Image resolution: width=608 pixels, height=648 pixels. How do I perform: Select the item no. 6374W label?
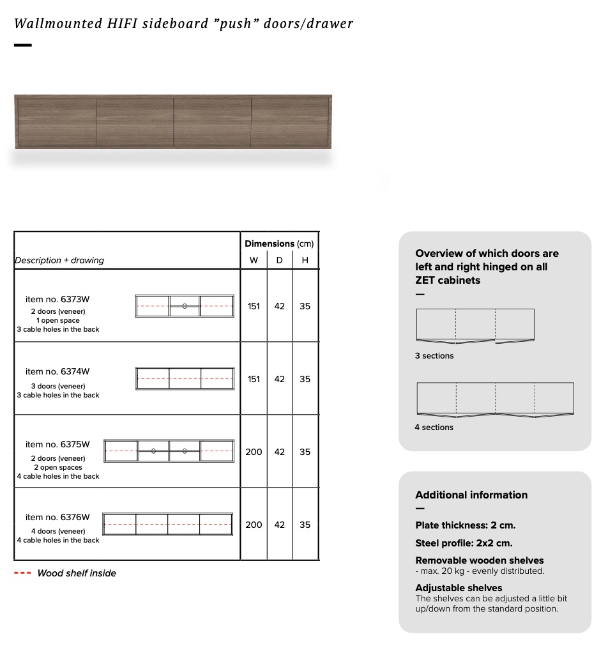[x=57, y=371]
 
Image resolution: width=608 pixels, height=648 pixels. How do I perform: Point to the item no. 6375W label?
[x=57, y=444]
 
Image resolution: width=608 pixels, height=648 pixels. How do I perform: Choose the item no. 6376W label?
[x=57, y=517]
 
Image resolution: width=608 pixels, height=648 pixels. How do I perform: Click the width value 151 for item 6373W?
[x=254, y=306]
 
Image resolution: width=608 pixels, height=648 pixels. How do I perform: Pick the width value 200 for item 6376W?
[x=254, y=525]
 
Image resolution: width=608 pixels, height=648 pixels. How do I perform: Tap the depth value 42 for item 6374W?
[x=280, y=379]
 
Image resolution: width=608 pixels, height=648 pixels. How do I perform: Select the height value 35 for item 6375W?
[x=305, y=452]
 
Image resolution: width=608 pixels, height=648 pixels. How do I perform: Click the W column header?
[x=254, y=260]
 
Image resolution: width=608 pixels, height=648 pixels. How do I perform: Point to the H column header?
[x=305, y=260]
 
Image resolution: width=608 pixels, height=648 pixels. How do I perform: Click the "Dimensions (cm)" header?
[x=279, y=243]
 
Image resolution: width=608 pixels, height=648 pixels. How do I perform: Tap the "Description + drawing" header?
[x=59, y=260]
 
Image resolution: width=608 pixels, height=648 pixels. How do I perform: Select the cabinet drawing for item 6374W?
[x=185, y=378]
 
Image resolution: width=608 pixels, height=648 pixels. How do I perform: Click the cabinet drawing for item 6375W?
[x=169, y=451]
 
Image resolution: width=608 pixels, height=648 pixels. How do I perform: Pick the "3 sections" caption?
[x=434, y=356]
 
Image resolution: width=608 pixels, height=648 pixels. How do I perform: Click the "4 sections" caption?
[x=434, y=428]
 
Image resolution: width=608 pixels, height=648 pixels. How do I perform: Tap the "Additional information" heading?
[x=471, y=495]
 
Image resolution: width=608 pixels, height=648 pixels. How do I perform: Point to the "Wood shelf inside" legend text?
[x=77, y=573]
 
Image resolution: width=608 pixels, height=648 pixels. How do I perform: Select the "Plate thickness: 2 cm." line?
[x=465, y=525]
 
